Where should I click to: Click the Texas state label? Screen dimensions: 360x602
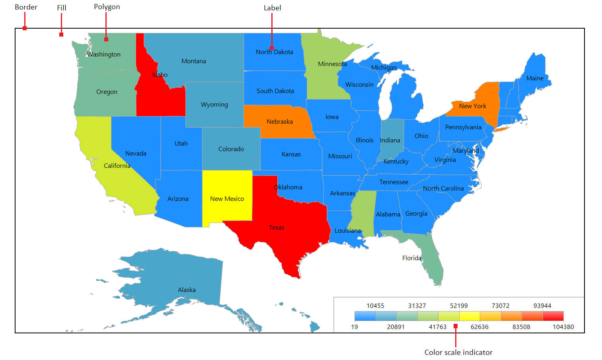[277, 228]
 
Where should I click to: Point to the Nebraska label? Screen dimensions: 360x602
[280, 122]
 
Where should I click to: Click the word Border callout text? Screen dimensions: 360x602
[26, 7]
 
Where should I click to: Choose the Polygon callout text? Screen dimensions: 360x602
[107, 7]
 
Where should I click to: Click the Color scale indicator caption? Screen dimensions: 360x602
[458, 352]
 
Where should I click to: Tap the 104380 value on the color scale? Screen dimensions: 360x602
[563, 327]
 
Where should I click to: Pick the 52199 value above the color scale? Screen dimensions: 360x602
[459, 306]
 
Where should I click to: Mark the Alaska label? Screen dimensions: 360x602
[187, 290]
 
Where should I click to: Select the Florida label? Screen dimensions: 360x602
[411, 258]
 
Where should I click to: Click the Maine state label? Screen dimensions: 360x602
[535, 78]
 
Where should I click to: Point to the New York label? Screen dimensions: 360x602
[473, 106]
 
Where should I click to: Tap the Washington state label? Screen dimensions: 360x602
[104, 54]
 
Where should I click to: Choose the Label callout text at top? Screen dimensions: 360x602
[272, 8]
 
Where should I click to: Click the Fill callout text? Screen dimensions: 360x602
[61, 8]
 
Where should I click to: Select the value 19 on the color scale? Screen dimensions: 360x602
[355, 327]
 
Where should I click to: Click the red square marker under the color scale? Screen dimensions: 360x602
[456, 326]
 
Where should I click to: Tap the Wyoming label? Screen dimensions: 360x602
[214, 105]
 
